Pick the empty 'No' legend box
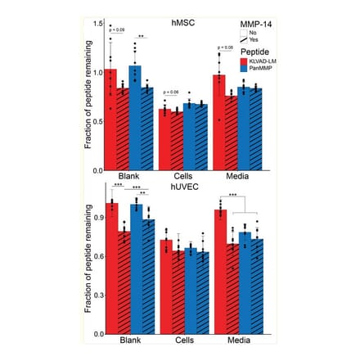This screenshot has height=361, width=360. pyautogui.click(x=245, y=33)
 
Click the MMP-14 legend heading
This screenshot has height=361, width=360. pyautogui.click(x=257, y=25)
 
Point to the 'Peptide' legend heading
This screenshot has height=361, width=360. pyautogui.click(x=253, y=52)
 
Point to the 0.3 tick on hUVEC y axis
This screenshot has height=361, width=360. pyautogui.click(x=98, y=295)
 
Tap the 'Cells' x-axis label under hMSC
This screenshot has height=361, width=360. pyautogui.click(x=182, y=177)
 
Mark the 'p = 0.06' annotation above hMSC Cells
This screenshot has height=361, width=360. pyautogui.click(x=171, y=93)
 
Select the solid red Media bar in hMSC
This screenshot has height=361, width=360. pyautogui.click(x=218, y=122)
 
